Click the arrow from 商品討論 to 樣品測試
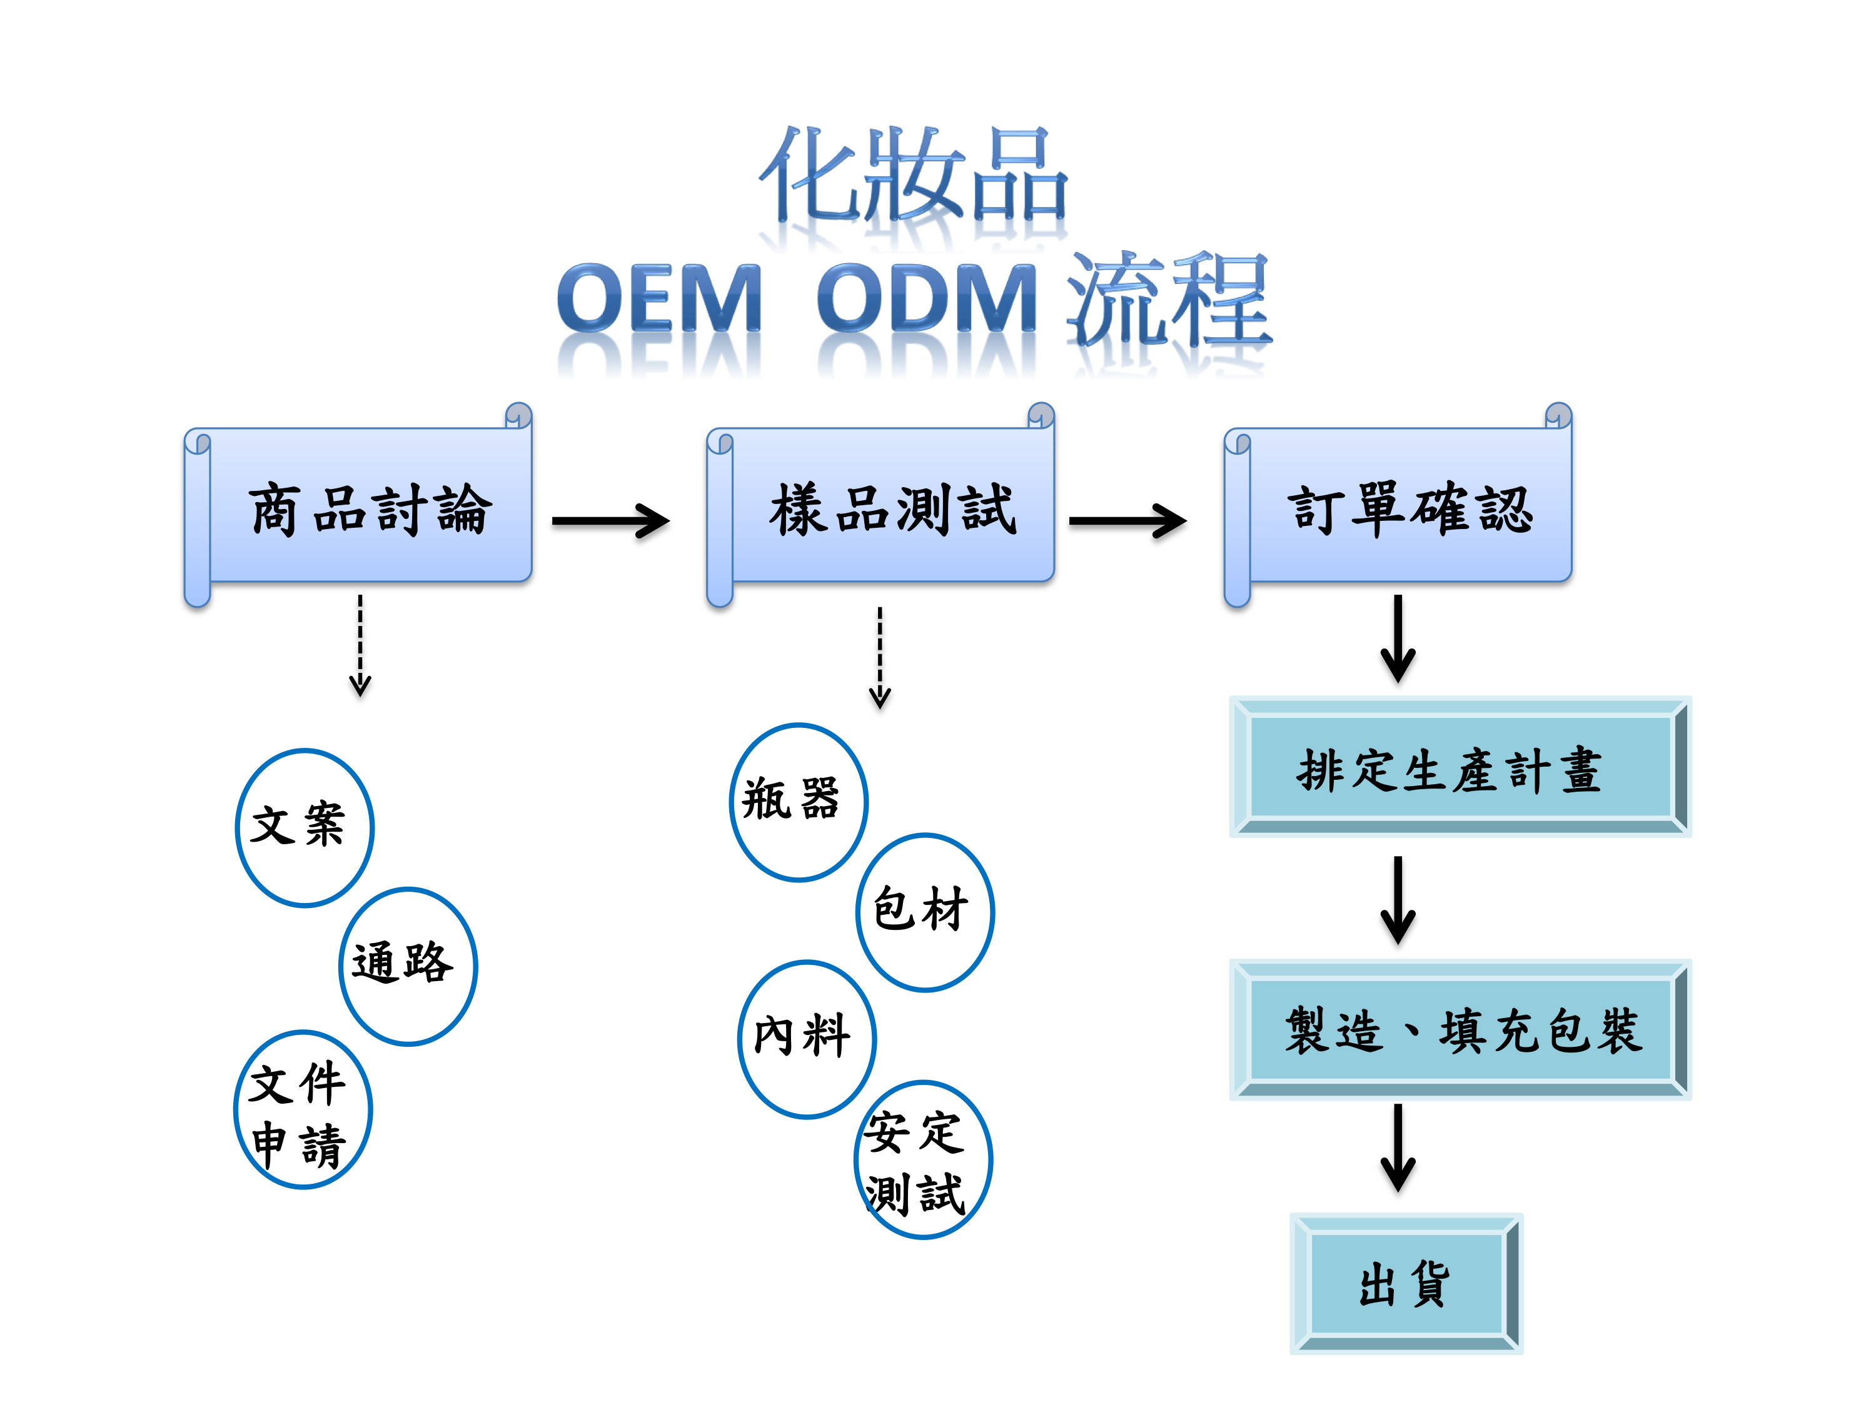tap(610, 521)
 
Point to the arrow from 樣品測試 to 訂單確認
tap(1128, 521)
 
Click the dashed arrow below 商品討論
tap(360, 645)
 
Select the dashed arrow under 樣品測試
tap(880, 657)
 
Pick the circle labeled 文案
tap(305, 828)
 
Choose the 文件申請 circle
tap(303, 1109)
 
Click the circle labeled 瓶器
tap(799, 802)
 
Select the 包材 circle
tap(925, 912)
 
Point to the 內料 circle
tap(807, 1040)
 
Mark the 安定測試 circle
tap(924, 1159)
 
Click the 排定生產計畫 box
tap(1460, 767)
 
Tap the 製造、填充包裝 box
tap(1460, 1029)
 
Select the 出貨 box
tap(1406, 1283)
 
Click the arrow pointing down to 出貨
tap(1398, 1148)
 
